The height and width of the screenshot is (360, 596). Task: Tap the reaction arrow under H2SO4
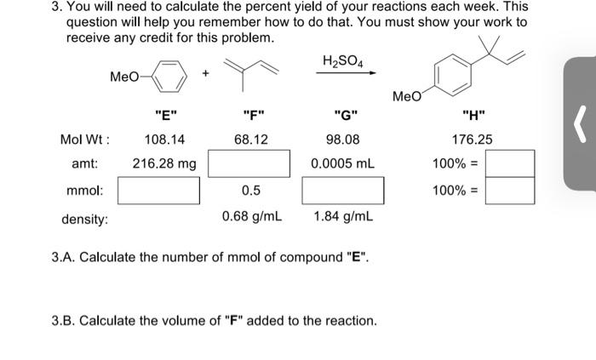(346, 73)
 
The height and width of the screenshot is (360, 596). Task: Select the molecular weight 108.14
(165, 139)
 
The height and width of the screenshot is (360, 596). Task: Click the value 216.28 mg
(163, 163)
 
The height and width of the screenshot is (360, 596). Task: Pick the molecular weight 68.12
(251, 139)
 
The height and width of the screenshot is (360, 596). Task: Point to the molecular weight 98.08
(343, 139)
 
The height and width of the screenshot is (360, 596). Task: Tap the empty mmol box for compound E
(158, 191)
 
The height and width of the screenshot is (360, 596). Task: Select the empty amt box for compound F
(250, 163)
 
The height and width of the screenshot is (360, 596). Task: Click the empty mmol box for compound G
(342, 191)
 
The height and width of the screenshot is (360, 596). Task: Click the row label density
(84, 219)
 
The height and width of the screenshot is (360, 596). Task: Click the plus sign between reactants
(205, 74)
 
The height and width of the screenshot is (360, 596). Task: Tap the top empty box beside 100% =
(510, 163)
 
